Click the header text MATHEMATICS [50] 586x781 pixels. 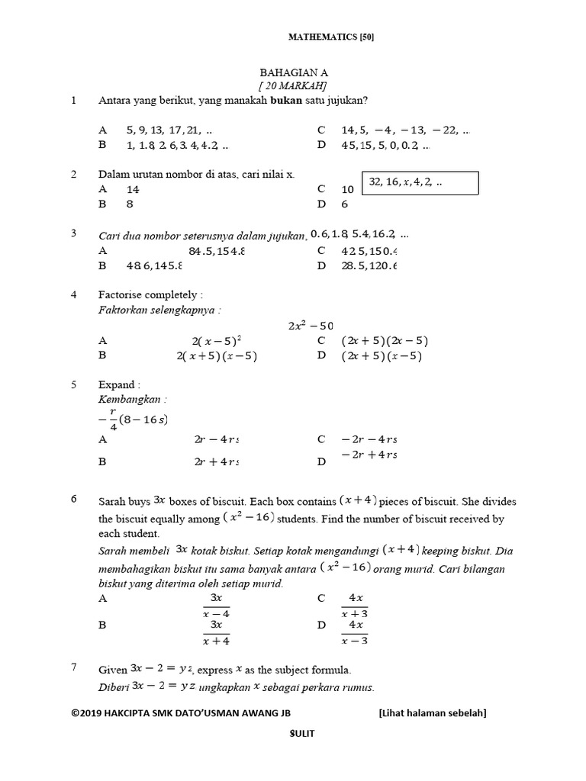(x=330, y=36)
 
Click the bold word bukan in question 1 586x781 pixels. (x=287, y=101)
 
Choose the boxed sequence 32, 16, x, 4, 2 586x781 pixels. (x=420, y=183)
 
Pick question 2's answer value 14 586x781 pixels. (x=133, y=189)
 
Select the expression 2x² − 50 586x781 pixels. (x=311, y=325)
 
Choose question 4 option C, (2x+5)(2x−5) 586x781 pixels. (x=385, y=341)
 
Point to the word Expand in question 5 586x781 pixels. (x=116, y=384)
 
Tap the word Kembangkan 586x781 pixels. (x=131, y=399)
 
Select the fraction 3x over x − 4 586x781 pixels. (x=216, y=605)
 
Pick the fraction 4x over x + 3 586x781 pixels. (x=355, y=605)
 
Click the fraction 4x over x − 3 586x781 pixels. (x=355, y=632)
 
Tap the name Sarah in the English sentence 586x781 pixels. (x=112, y=501)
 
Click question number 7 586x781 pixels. (x=74, y=668)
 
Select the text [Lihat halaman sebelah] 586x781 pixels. (x=432, y=712)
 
